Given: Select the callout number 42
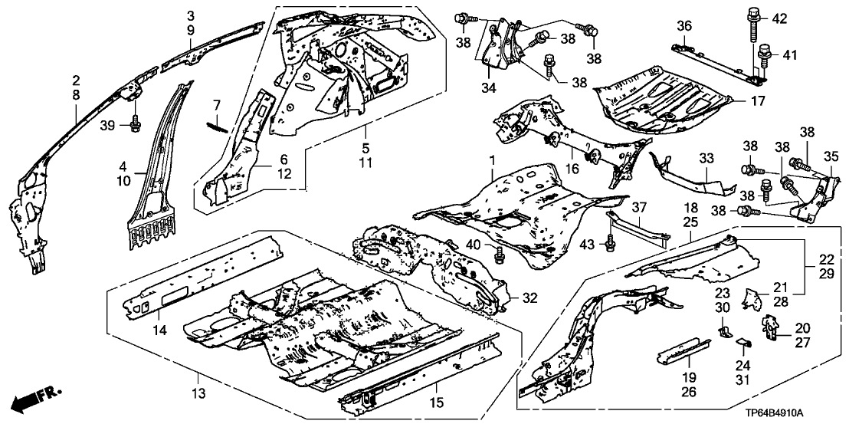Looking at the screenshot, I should pos(779,18).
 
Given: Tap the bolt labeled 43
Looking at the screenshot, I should pos(610,244).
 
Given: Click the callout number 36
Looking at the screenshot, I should pos(684,27).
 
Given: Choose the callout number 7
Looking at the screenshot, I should pos(216,104).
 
